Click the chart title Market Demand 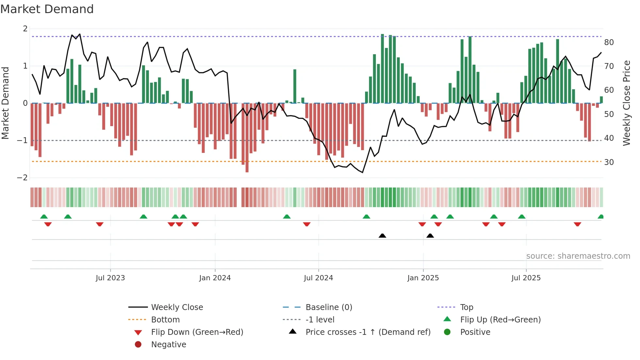(47, 9)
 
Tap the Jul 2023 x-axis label (110, 278)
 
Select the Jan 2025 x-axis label (423, 278)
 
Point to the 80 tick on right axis (609, 42)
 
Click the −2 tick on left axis (23, 178)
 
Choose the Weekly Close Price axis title (626, 103)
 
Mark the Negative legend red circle (138, 345)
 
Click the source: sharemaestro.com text (578, 256)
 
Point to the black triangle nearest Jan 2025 (430, 236)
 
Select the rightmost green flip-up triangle (600, 217)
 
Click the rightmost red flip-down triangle (577, 224)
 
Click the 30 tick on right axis (609, 162)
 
